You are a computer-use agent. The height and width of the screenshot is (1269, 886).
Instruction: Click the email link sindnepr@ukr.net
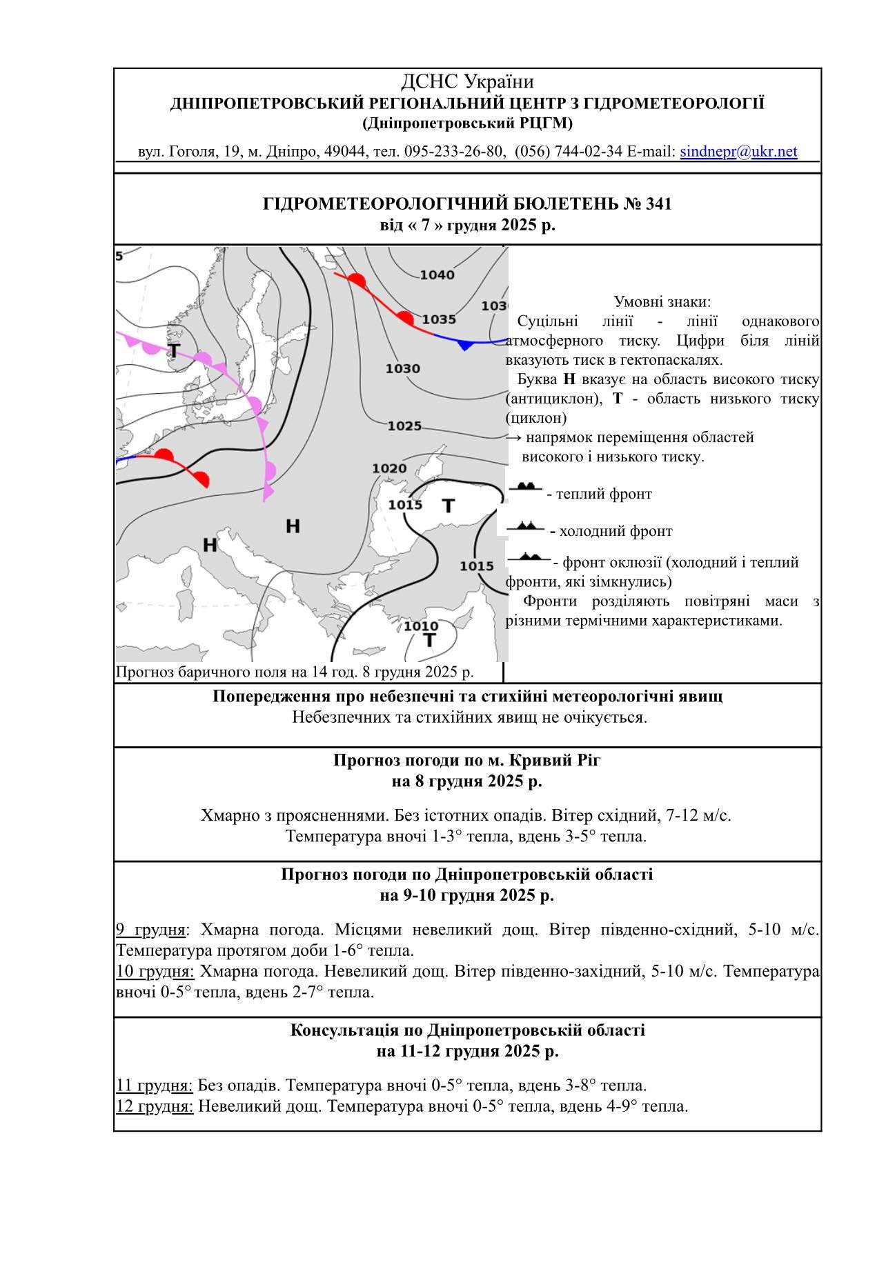738,152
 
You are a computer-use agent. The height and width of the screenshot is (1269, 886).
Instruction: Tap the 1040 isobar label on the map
437,275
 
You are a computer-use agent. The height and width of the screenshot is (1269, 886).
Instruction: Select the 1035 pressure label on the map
439,319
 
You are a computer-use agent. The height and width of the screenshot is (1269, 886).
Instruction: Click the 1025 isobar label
404,426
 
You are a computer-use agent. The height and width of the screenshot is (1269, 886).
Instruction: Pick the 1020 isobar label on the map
389,469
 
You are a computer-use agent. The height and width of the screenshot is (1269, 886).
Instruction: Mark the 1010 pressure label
420,626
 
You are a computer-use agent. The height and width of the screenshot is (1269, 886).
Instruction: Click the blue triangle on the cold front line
465,345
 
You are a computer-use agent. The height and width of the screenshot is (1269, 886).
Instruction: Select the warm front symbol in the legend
526,487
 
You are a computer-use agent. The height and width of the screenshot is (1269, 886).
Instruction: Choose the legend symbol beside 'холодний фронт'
526,526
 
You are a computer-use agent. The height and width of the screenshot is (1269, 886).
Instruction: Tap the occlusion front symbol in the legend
529,557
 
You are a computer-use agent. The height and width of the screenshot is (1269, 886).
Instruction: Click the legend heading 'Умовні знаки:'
662,302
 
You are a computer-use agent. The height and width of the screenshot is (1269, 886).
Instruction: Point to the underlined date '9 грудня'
150,930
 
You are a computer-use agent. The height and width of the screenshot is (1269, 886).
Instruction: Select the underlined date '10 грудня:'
155,972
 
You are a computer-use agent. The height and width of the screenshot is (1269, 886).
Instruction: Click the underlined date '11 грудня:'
155,1086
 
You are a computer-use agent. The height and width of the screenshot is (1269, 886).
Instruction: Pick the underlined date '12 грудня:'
155,1106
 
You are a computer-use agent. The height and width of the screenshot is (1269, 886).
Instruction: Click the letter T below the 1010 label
430,641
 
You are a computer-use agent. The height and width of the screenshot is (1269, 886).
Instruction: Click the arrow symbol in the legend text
513,437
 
